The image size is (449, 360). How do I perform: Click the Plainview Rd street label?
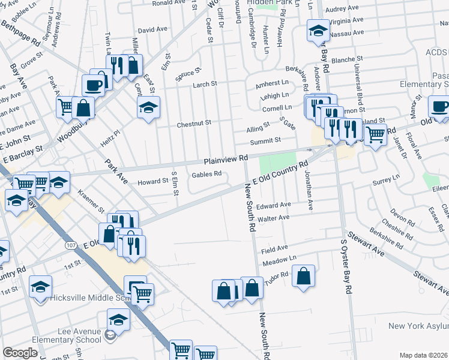226,158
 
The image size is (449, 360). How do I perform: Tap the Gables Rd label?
206,175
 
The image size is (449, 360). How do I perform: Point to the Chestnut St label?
194,123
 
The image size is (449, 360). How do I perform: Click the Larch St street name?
205,85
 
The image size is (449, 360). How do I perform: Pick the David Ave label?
152,29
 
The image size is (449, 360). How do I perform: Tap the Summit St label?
266,140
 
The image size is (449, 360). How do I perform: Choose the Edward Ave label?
273,206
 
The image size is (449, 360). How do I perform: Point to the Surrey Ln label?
386,179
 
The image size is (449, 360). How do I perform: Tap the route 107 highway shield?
71,245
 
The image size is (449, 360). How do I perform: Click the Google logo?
20,353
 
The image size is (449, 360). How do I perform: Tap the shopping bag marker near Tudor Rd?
304,277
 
